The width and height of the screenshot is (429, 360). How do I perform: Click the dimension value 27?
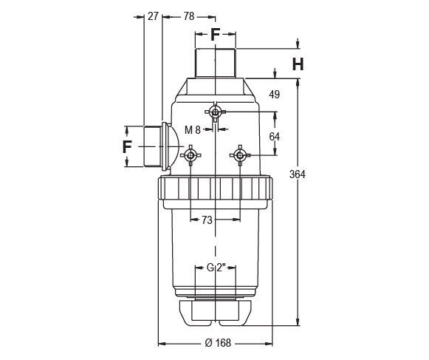(153, 16)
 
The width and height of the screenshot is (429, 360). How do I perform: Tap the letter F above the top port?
(216, 34)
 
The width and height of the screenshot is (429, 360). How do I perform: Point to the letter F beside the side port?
(127, 146)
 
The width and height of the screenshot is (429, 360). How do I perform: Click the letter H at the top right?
(297, 64)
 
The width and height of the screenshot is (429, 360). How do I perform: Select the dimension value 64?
(274, 136)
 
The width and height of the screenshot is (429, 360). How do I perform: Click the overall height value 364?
(298, 174)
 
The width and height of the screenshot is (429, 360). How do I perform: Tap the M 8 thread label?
(193, 129)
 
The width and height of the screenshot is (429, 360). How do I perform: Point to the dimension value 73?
(207, 220)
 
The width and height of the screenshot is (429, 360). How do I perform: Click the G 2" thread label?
(215, 268)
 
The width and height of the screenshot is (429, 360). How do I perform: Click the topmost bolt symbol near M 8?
(215, 112)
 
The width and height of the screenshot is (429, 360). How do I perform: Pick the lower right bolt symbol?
(238, 155)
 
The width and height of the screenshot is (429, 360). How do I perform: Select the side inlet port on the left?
(153, 146)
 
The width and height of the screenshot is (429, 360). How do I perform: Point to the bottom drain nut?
(215, 312)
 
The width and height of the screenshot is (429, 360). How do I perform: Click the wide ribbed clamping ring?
(215, 189)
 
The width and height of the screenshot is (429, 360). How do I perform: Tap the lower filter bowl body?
(215, 244)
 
